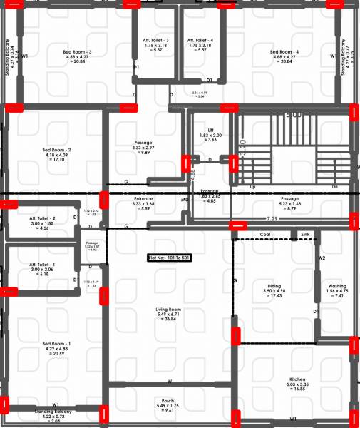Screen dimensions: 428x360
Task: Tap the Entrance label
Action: click(x=143, y=199)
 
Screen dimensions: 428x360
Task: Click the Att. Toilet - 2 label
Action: click(x=42, y=218)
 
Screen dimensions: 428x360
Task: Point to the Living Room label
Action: click(x=169, y=309)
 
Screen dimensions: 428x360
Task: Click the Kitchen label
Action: click(x=297, y=379)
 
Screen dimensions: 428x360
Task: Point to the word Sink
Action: click(x=305, y=234)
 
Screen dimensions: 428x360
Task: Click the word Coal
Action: click(x=264, y=234)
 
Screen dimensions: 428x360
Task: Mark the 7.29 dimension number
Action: click(x=272, y=218)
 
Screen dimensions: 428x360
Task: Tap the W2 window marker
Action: click(x=322, y=258)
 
